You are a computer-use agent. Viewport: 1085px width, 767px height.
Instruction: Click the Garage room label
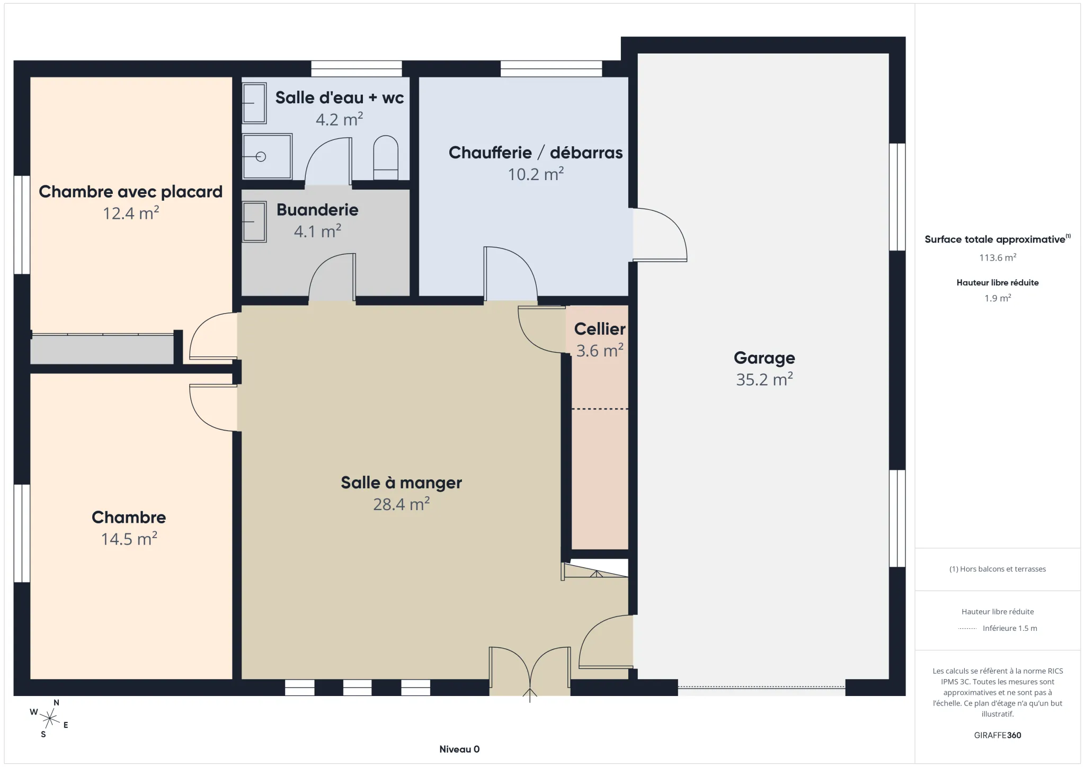point(764,358)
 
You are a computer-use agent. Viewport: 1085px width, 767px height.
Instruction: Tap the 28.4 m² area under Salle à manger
point(401,504)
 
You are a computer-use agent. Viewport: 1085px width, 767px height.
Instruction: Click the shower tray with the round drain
point(267,156)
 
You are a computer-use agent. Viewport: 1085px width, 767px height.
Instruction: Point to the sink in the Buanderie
point(254,222)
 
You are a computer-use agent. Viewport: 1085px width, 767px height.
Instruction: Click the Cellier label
point(599,329)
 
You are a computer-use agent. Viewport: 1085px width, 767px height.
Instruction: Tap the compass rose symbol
point(50,719)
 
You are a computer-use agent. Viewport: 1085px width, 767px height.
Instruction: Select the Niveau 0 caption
point(459,749)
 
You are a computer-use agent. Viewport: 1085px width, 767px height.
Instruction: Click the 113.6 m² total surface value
point(997,257)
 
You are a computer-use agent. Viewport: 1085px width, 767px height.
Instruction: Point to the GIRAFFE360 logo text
point(997,735)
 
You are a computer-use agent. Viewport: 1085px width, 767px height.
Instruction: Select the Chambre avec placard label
point(130,192)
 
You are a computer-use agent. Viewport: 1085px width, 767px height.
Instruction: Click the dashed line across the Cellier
point(600,409)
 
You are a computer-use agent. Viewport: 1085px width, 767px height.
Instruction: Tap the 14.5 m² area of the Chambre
point(129,539)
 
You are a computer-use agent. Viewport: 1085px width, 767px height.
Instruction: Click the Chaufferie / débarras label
point(535,153)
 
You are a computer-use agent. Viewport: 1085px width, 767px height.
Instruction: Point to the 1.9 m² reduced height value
point(997,298)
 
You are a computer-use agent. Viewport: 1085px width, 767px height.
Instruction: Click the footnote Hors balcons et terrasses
point(997,569)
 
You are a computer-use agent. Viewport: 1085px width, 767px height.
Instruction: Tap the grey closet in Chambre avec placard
point(102,350)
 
